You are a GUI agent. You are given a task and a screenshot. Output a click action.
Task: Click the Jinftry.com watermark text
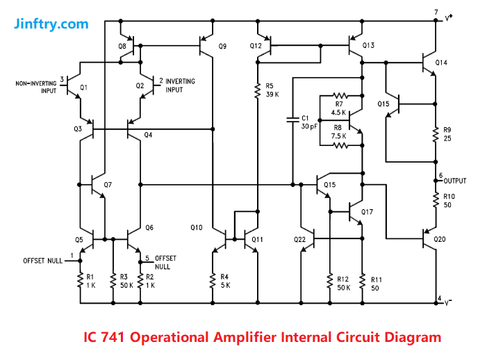51,24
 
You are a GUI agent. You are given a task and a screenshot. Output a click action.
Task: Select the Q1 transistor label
84,88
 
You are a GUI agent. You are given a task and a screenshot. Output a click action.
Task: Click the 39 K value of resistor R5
272,95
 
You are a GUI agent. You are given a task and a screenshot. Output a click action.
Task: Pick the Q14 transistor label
442,63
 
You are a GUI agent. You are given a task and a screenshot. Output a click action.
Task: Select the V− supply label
449,303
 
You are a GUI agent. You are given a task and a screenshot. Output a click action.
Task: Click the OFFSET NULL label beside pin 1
42,261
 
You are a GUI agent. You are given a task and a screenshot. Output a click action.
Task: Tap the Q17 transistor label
367,211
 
